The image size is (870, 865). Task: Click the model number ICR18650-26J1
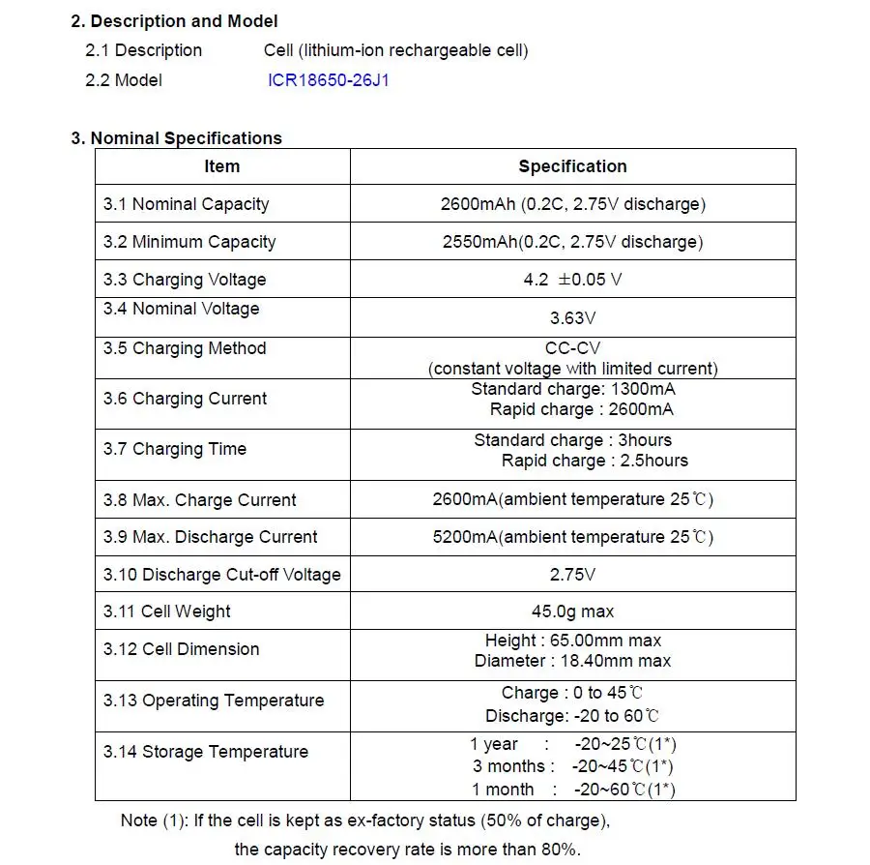[x=329, y=80]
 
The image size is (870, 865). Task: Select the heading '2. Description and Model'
[x=174, y=21]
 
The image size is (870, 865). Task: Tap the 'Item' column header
[x=221, y=166]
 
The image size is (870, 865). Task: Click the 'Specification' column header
[x=572, y=166]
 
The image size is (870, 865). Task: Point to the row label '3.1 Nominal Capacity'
[x=187, y=204]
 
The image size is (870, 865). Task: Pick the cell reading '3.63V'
[x=572, y=317]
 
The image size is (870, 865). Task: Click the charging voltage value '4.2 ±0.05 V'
[x=572, y=280]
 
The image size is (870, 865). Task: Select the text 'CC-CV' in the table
[x=572, y=348]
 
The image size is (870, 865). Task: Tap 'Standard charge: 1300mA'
[x=572, y=389]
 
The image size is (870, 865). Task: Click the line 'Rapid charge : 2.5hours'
[x=594, y=461]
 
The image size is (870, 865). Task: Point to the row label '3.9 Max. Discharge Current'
[x=211, y=537]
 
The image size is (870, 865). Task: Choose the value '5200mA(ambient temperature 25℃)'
[x=572, y=537]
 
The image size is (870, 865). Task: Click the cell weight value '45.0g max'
[x=572, y=611]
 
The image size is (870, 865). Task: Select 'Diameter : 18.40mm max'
[x=572, y=661]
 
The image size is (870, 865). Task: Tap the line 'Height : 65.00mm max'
[x=572, y=641]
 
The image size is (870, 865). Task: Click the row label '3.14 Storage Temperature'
[x=206, y=752]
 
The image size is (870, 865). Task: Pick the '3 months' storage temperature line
[x=572, y=766]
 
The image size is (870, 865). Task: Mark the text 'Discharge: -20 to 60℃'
[x=572, y=716]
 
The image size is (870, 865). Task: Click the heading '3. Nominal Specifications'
[x=176, y=138]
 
